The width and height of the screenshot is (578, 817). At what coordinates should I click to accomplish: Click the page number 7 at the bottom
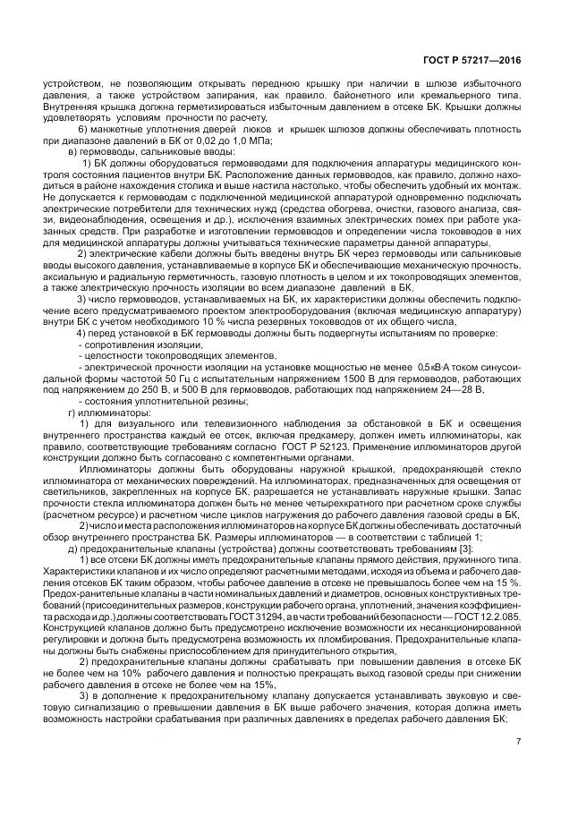pyautogui.click(x=518, y=741)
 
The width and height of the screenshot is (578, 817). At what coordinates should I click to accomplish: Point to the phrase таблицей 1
pyautogui.click(x=453, y=538)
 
